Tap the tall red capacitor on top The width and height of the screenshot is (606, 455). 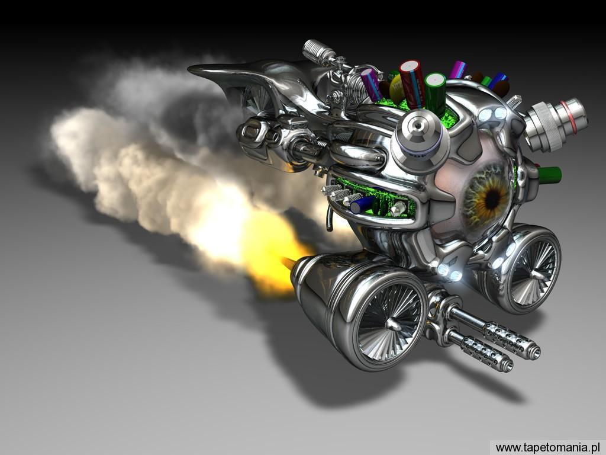(412, 84)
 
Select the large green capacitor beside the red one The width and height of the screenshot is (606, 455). (436, 94)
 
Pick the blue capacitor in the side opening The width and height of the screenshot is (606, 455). (363, 204)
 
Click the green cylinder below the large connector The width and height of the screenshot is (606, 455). (549, 175)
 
